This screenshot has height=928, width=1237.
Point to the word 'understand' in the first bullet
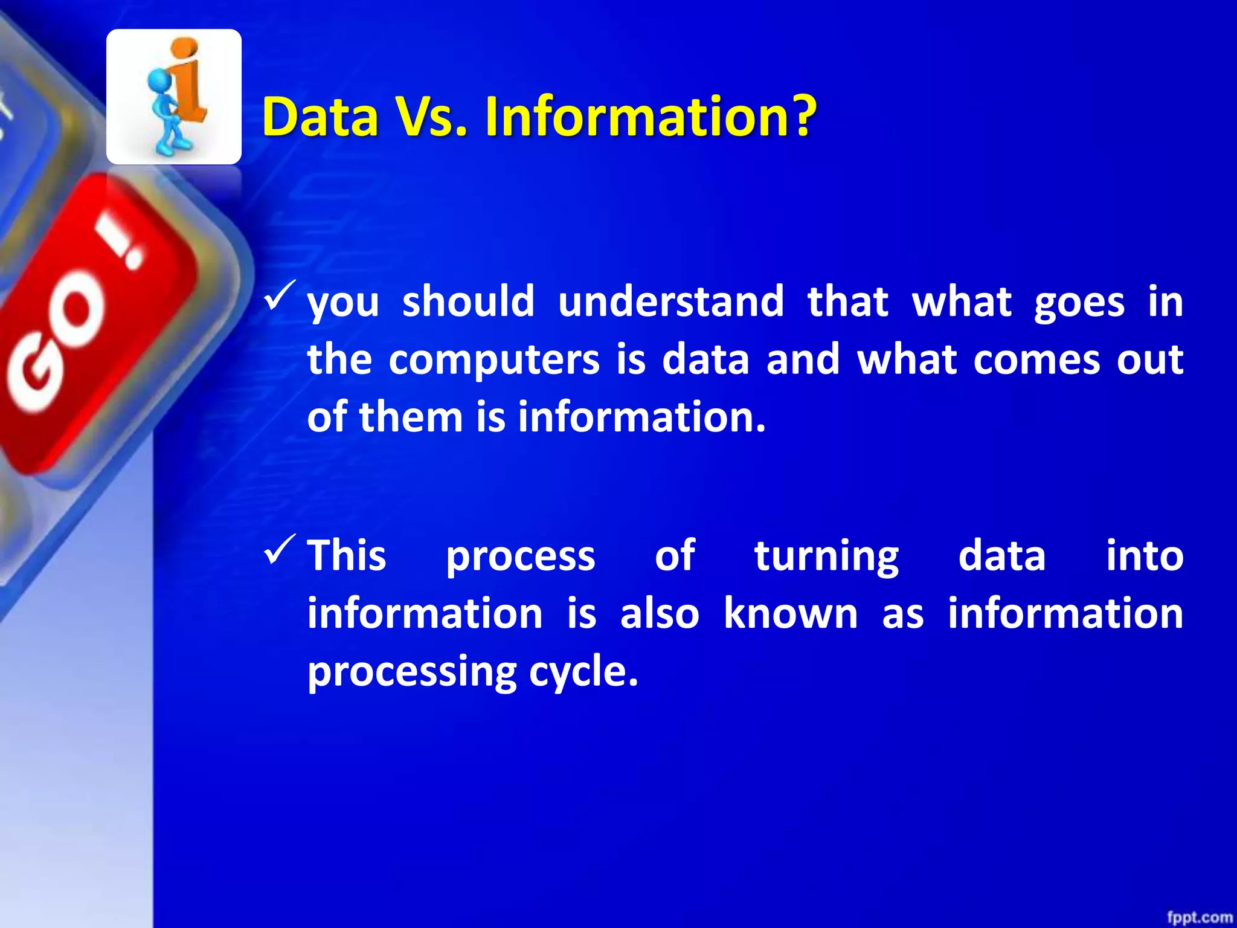[x=670, y=301]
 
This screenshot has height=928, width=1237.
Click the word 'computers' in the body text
[x=493, y=359]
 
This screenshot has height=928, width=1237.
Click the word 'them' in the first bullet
[x=411, y=417]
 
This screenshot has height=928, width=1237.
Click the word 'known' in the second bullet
[x=791, y=614]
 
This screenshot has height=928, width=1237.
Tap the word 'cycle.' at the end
[x=583, y=672]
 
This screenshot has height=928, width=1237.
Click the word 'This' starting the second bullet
[x=347, y=555]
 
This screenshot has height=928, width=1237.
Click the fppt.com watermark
[x=1199, y=917]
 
